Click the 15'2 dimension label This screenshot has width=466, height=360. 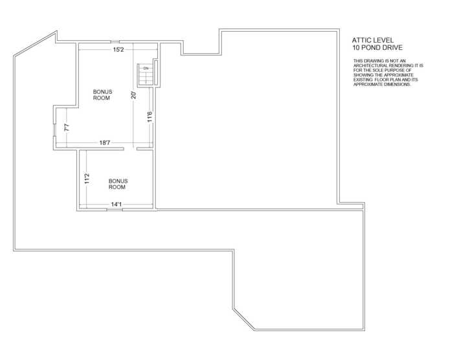(118, 49)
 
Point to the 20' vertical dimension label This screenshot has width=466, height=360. (134, 95)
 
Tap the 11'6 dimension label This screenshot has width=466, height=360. (150, 117)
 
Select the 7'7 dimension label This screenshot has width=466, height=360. (67, 128)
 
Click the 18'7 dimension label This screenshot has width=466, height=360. (105, 143)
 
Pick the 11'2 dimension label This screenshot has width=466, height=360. (87, 179)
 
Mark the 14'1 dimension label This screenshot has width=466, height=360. (116, 204)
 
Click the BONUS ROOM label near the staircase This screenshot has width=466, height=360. (102, 95)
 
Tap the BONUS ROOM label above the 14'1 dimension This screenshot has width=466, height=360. (118, 184)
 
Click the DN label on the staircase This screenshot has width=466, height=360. (146, 69)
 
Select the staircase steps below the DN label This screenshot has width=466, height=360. (145, 78)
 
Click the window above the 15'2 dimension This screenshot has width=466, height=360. (115, 41)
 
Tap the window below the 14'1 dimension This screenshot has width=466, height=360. (115, 210)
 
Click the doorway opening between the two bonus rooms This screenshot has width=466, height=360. (130, 149)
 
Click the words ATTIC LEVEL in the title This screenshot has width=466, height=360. (373, 40)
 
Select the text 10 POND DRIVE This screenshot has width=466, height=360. (377, 47)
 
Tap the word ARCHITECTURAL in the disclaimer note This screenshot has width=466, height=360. (368, 65)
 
